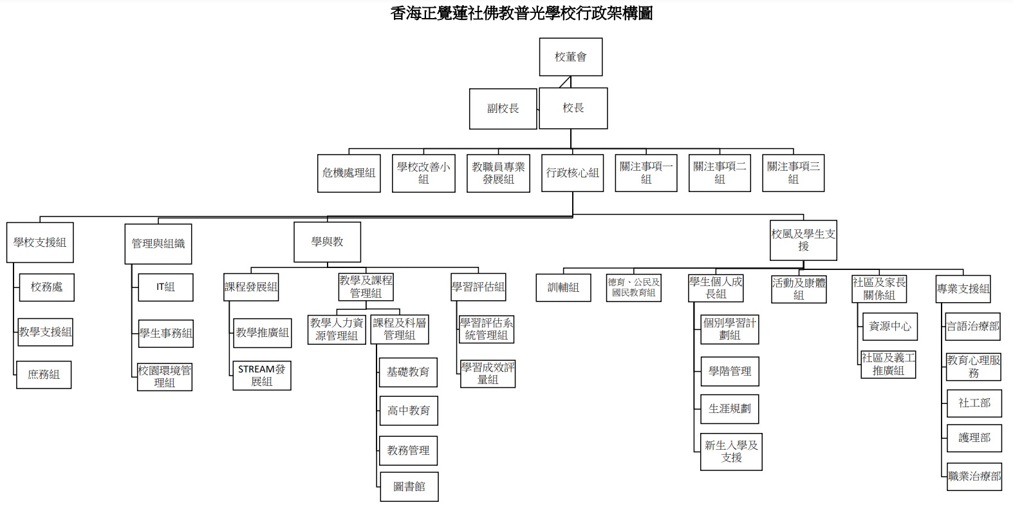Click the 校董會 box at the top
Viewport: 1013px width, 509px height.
(571, 57)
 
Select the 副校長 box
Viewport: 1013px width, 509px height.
(503, 109)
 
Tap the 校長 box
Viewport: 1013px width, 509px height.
(573, 108)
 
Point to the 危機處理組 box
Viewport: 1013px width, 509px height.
(349, 173)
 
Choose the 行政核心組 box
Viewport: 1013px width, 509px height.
(573, 173)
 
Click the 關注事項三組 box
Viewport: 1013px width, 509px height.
(793, 173)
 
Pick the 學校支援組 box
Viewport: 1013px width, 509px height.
(40, 242)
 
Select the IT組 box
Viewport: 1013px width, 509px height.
(165, 287)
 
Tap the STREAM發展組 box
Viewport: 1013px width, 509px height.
(262, 376)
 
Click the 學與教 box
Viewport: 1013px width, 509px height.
(328, 242)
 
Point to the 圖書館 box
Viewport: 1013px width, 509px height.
(409, 487)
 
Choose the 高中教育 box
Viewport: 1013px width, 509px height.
(409, 410)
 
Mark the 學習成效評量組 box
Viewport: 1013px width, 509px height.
(488, 374)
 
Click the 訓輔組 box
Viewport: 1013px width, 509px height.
(564, 287)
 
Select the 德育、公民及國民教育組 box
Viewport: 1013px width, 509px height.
(634, 287)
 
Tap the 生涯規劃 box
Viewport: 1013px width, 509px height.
(730, 409)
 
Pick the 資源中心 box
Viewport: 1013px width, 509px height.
(890, 327)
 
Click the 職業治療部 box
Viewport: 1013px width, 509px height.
(974, 476)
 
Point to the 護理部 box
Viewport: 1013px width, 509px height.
(974, 438)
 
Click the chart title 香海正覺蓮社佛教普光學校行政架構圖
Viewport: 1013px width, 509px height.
(521, 14)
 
